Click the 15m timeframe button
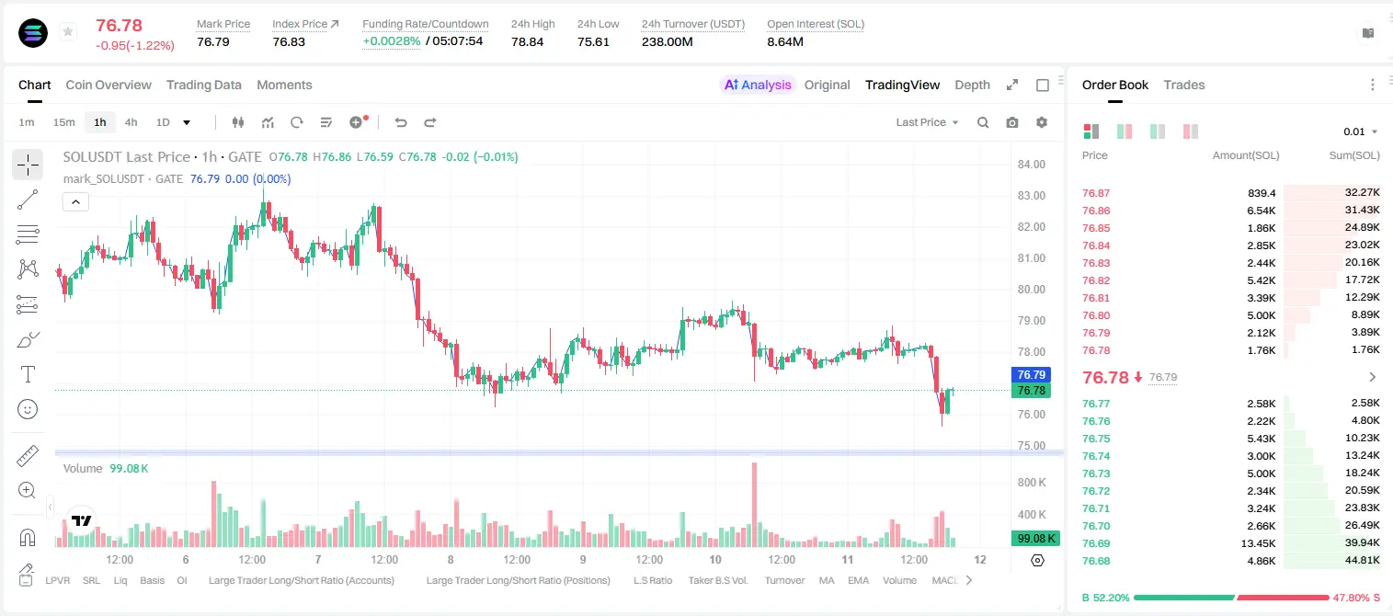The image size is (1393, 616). [64, 122]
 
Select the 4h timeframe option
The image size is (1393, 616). [131, 122]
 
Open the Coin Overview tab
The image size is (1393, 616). [108, 85]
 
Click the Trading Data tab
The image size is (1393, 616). [204, 85]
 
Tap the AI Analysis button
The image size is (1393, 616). [758, 85]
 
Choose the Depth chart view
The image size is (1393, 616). [972, 85]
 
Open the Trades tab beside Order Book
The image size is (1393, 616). [1184, 85]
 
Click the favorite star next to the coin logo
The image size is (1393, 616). [68, 31]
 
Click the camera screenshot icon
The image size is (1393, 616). [1012, 122]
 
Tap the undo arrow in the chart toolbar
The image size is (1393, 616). [401, 122]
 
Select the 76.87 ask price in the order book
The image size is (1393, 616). [1096, 193]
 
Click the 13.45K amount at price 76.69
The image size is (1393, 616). [1258, 543]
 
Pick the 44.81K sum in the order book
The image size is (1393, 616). [1362, 560]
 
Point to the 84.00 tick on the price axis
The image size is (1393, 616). [1031, 164]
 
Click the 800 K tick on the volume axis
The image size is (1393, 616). [1032, 483]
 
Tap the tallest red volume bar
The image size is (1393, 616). [754, 505]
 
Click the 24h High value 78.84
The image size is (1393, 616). [528, 41]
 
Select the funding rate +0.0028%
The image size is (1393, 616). [392, 41]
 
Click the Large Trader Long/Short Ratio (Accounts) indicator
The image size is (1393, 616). [302, 580]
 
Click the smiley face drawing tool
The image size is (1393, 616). [28, 409]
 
